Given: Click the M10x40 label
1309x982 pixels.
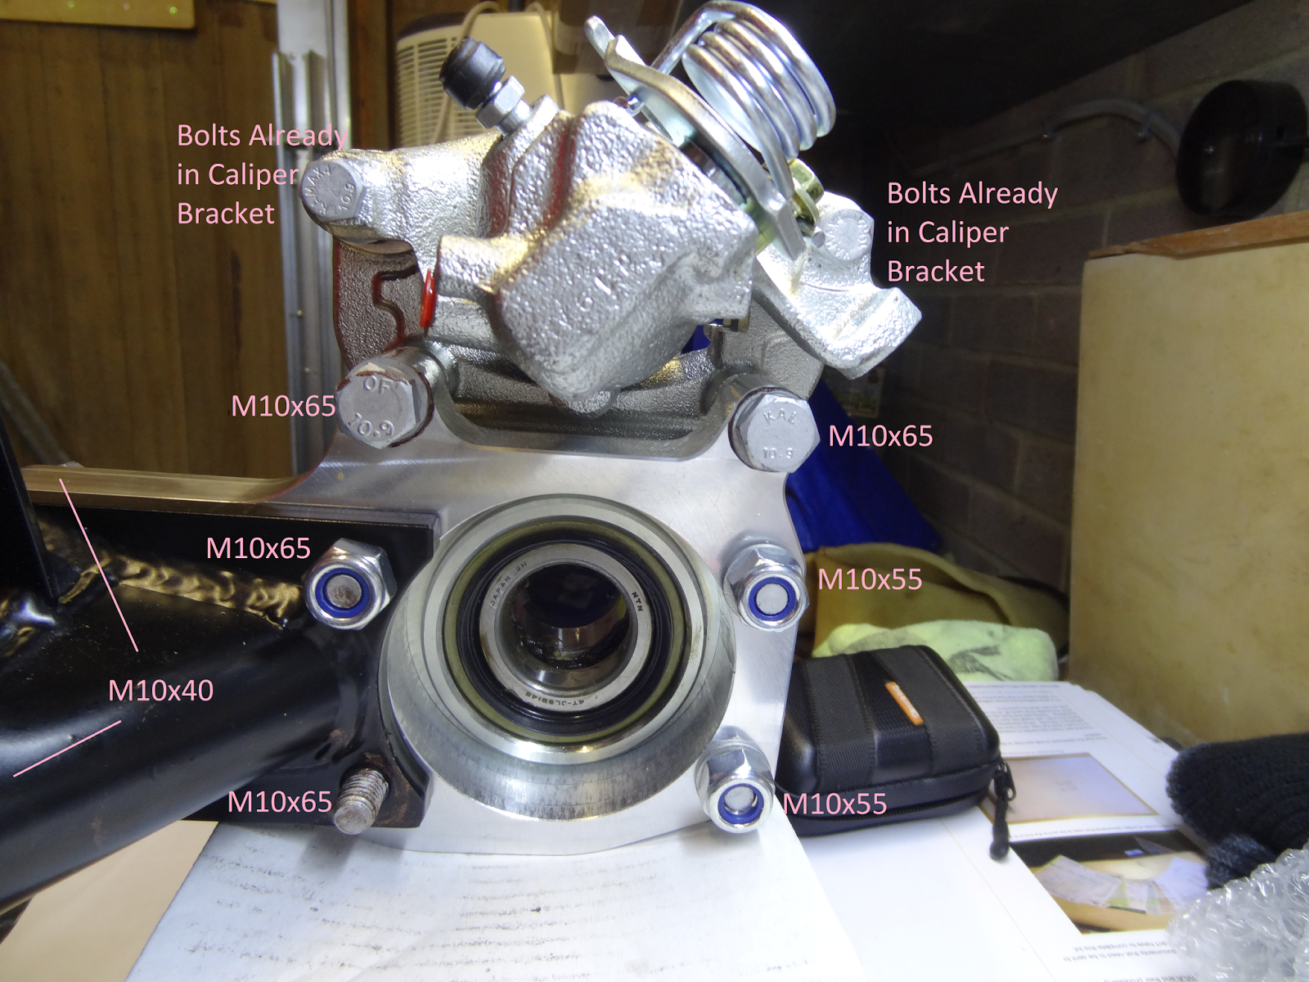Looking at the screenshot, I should pyautogui.click(x=160, y=691).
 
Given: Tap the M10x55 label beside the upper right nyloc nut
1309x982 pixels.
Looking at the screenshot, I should pyautogui.click(x=870, y=579).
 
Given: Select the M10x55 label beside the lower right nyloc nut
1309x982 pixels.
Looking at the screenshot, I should pyautogui.click(x=835, y=804).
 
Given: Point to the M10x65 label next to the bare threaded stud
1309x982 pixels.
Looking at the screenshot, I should pyautogui.click(x=280, y=801).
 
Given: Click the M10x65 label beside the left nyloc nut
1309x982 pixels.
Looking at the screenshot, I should pyautogui.click(x=259, y=547).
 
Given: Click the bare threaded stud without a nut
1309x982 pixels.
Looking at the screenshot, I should pyautogui.click(x=363, y=801).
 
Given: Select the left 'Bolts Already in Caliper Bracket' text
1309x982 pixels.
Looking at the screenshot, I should pyautogui.click(x=260, y=174).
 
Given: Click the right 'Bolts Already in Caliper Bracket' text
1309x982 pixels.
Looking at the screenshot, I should pyautogui.click(x=972, y=232).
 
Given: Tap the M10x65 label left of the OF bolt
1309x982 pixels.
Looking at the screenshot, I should pyautogui.click(x=283, y=406).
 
